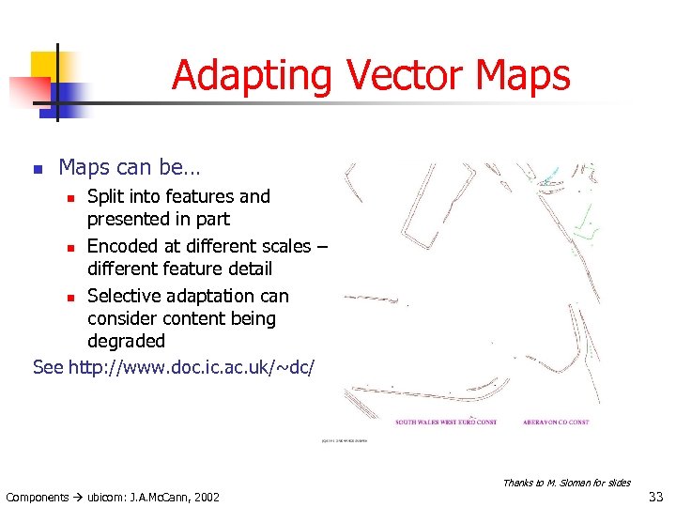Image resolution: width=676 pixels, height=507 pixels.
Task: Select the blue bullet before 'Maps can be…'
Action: (x=38, y=170)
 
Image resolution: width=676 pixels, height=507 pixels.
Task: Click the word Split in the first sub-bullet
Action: (x=105, y=197)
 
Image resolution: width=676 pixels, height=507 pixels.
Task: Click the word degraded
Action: (x=126, y=341)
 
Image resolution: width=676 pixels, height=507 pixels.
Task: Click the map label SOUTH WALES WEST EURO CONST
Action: (x=446, y=422)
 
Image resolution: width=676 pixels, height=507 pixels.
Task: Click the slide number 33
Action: (x=657, y=495)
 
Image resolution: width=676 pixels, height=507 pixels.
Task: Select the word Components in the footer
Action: (x=37, y=497)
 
